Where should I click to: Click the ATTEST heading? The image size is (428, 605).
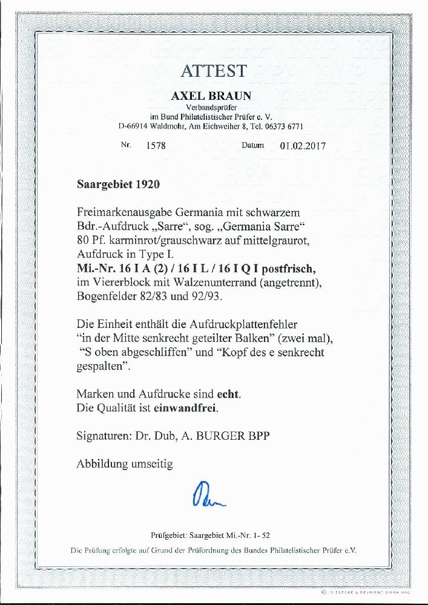(x=214, y=71)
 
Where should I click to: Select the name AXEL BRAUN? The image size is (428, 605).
(x=214, y=96)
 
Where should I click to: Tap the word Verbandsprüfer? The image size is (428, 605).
(x=214, y=107)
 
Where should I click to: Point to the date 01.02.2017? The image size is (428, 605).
(x=303, y=146)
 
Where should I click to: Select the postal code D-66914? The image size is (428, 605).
(x=133, y=126)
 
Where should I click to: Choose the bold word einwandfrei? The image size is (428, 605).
(x=187, y=408)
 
